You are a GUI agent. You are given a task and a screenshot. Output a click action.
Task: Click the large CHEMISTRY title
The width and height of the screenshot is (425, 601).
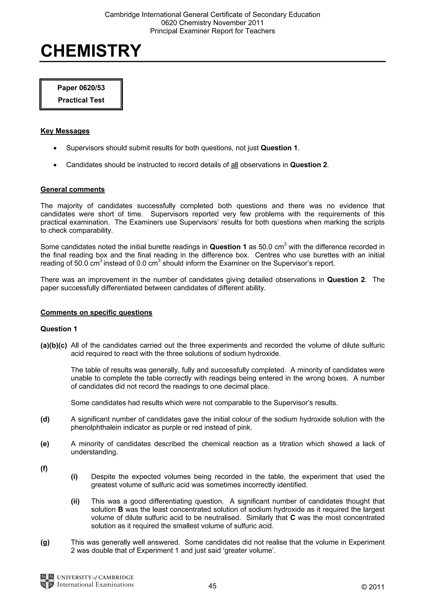91,51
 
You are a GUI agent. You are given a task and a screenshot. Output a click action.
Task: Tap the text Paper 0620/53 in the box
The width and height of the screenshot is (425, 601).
81,88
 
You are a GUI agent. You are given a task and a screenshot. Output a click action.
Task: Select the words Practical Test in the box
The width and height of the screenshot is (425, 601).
81,100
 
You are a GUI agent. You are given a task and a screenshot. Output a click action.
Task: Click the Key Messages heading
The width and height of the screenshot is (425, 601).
65,131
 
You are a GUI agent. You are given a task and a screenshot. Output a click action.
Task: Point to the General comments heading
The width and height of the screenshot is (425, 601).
73,190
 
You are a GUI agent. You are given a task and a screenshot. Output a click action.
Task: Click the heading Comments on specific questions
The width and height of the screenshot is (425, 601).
96,313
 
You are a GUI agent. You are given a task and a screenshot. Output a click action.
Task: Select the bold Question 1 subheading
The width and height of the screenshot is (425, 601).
59,329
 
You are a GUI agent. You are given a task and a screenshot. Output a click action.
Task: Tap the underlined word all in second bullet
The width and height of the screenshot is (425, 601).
234,165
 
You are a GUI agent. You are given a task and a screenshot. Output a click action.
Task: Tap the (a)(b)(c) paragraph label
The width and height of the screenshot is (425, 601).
54,346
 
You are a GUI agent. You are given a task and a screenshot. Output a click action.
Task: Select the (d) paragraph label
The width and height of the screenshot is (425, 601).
45,419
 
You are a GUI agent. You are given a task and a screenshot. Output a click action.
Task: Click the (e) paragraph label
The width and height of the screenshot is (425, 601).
45,444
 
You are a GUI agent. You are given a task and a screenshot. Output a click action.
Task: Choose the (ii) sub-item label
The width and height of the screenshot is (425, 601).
75,501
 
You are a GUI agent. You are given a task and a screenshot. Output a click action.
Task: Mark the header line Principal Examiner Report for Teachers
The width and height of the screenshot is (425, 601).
212,31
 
